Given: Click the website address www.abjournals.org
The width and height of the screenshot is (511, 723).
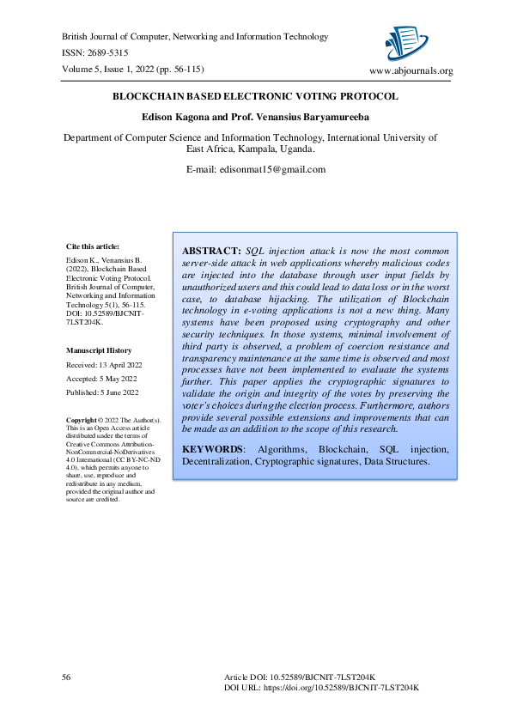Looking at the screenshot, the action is [x=410, y=70].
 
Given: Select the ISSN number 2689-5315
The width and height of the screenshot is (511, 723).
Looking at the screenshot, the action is [x=113, y=53].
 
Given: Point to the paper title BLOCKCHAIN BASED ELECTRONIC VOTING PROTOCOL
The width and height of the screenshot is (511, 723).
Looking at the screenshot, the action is [x=255, y=96].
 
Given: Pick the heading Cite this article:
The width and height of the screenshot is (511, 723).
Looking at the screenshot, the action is [x=93, y=246].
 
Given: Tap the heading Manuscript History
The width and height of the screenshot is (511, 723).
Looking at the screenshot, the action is [x=100, y=350].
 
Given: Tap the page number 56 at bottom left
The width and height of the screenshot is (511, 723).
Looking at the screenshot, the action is [x=66, y=678].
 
